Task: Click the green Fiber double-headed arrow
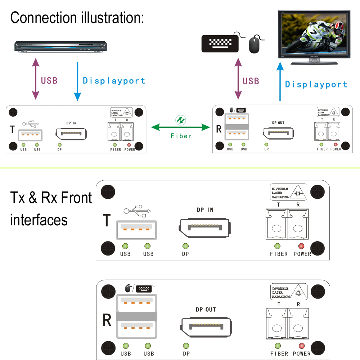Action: click(x=180, y=127)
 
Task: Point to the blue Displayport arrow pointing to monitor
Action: click(x=280, y=81)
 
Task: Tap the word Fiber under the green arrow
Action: click(x=181, y=136)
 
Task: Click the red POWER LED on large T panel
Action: click(x=301, y=246)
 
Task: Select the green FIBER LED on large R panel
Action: click(x=278, y=346)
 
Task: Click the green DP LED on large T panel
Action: click(x=186, y=246)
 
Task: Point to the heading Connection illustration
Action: click(x=77, y=17)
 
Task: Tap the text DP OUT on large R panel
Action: click(x=206, y=310)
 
